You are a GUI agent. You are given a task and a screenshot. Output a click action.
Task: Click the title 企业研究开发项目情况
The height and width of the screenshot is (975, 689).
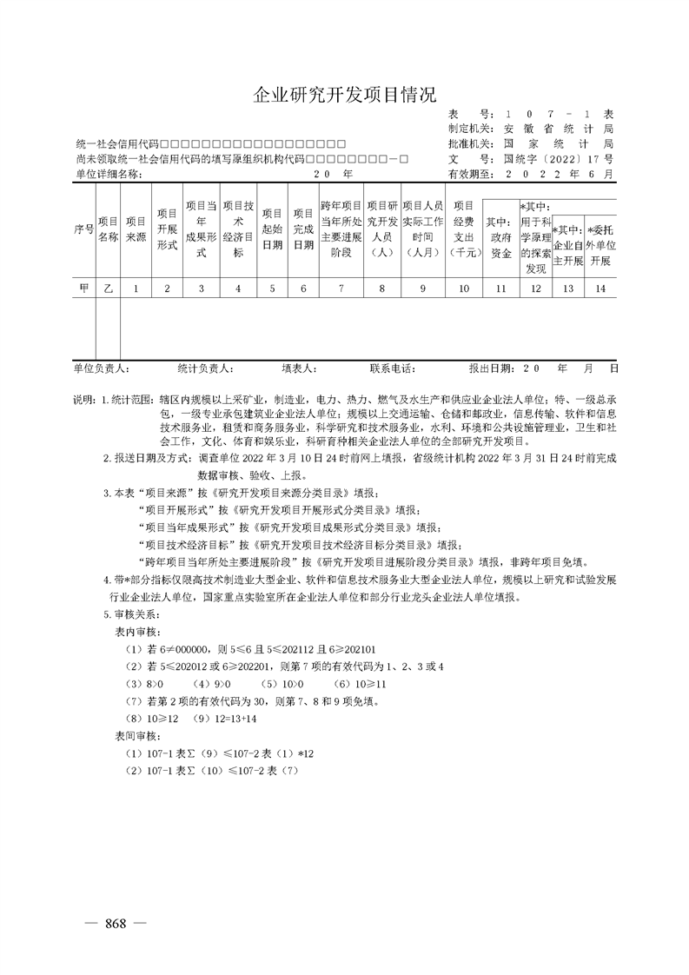click(x=344, y=95)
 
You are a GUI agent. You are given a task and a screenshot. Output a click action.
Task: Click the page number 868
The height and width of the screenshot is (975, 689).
click(x=116, y=922)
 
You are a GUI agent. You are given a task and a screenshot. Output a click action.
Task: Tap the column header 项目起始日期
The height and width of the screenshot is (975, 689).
click(x=272, y=229)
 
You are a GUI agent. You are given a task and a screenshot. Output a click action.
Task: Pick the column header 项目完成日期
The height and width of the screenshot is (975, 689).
click(x=302, y=229)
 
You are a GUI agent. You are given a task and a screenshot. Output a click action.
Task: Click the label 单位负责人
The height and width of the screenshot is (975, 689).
click(x=102, y=368)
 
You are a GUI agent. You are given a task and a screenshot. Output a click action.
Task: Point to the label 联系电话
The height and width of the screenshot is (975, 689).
click(x=393, y=368)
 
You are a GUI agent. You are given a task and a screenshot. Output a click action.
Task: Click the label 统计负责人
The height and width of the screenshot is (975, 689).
click(x=204, y=368)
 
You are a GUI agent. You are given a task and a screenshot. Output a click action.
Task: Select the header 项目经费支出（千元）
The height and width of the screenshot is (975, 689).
click(x=465, y=229)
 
